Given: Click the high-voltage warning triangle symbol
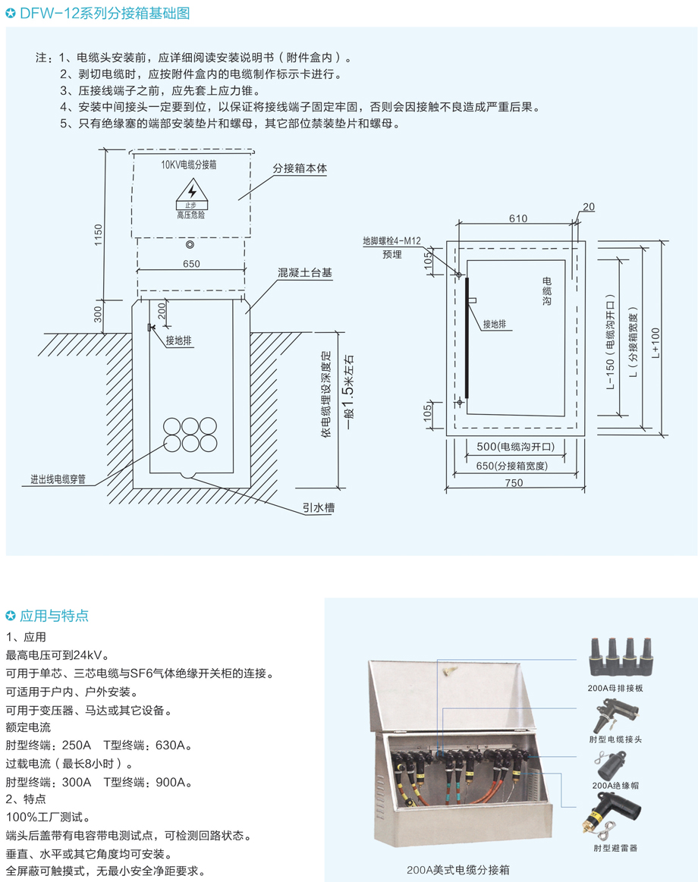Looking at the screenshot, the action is click(191, 190).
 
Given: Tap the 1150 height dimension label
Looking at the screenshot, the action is click(98, 234).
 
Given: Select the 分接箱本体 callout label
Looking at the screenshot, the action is click(300, 168).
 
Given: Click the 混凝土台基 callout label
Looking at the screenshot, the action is click(304, 273).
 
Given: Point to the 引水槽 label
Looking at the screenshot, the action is click(319, 507).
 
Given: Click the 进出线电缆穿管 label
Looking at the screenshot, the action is click(58, 479).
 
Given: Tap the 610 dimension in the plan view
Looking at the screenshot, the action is click(518, 218).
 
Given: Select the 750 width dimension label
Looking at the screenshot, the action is click(514, 482).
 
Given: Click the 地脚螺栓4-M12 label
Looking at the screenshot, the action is click(391, 240).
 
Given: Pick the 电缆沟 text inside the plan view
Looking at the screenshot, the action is click(546, 290).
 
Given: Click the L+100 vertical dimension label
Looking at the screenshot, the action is click(656, 343).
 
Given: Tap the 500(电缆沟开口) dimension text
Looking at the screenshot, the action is click(516, 447).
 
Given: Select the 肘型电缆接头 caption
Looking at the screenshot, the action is click(615, 739).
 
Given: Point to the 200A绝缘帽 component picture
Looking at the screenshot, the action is click(610, 765).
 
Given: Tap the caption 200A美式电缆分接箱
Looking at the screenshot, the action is click(458, 870).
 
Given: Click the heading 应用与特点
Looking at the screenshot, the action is click(54, 616).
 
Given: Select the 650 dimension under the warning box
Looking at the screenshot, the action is click(191, 264).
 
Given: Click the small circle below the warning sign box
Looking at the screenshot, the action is click(190, 245).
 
